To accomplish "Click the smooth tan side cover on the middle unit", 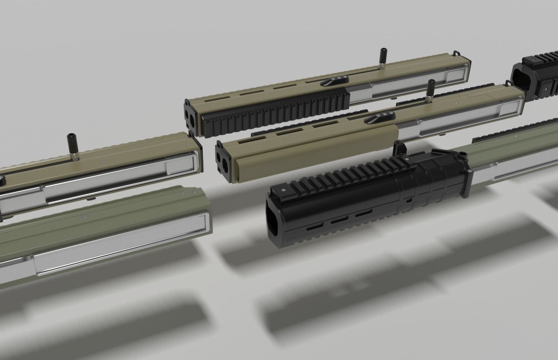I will [315, 152].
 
